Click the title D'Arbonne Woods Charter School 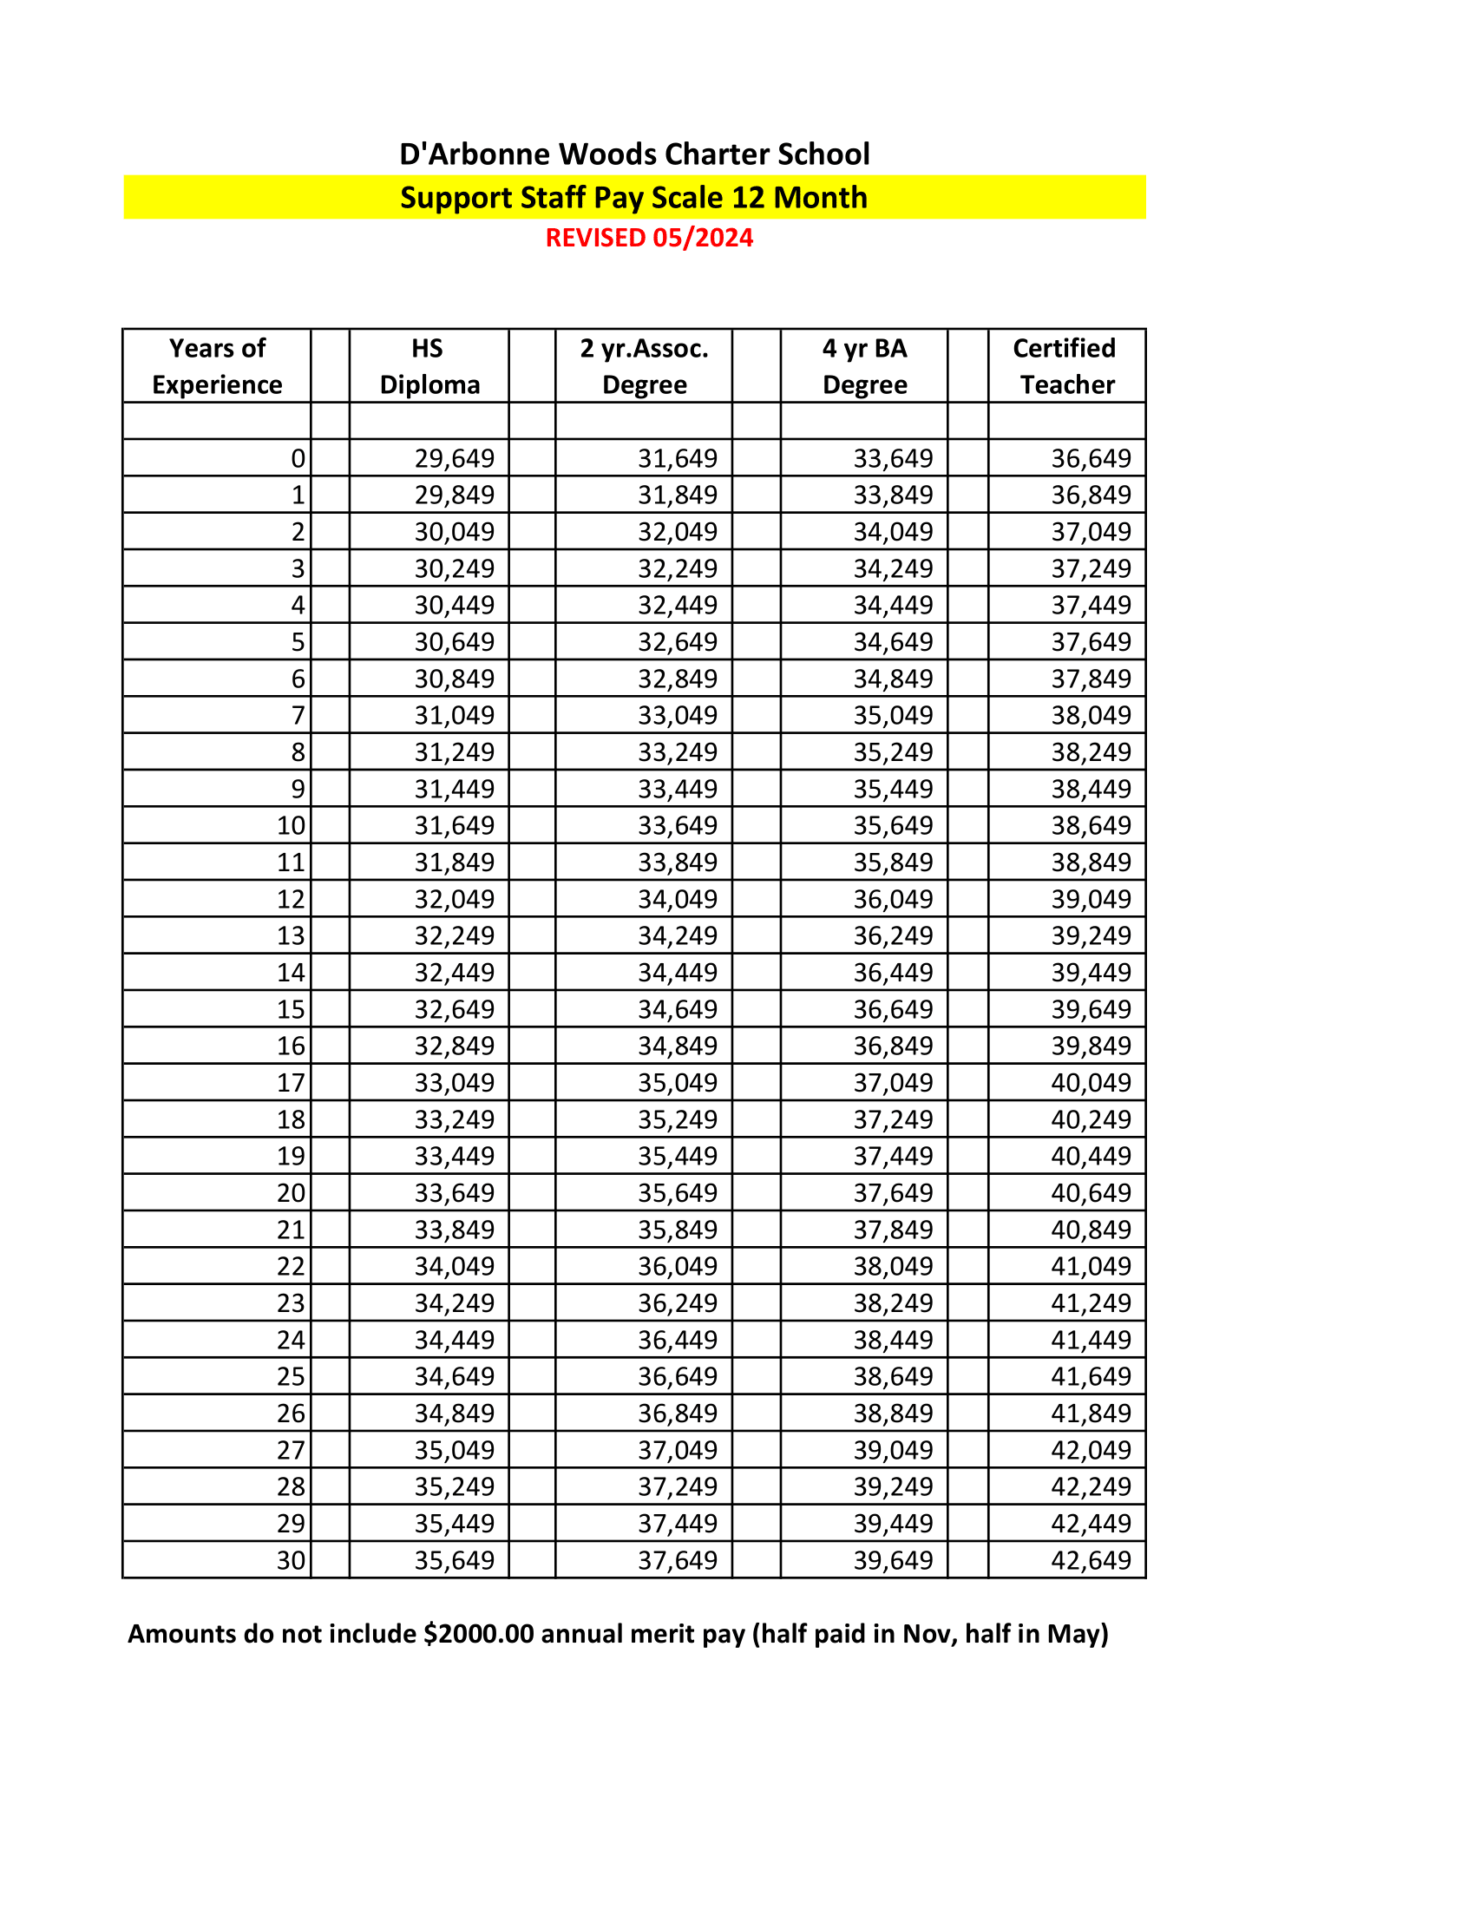[x=634, y=154]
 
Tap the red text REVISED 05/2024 [x=649, y=238]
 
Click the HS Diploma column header [x=429, y=366]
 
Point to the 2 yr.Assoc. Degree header [x=644, y=366]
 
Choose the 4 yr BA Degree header [x=864, y=366]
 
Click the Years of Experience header [x=217, y=366]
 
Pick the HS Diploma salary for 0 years [x=455, y=458]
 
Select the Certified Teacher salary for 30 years [x=1091, y=1560]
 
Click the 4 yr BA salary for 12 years [x=893, y=899]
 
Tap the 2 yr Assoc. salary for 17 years [x=678, y=1082]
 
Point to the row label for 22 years [x=291, y=1266]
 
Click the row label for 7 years [x=298, y=715]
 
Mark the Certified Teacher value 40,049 [x=1091, y=1082]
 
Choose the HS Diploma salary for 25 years [x=455, y=1376]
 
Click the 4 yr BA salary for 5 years [x=893, y=641]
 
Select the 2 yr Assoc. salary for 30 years [x=678, y=1560]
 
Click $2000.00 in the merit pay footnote [x=478, y=1634]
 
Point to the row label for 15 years [x=291, y=1008]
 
